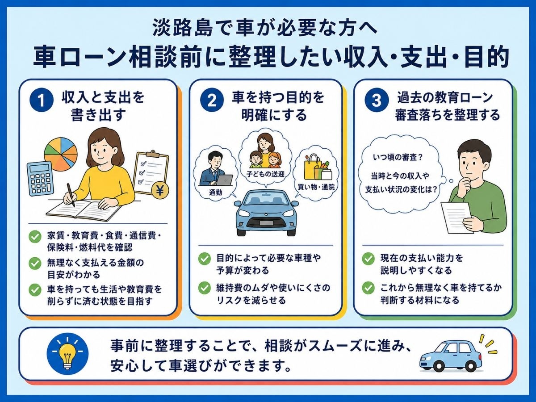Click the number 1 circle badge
[41, 100]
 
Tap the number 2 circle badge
[212, 100]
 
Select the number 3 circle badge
[376, 100]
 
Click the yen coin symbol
[160, 191]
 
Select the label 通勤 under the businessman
[215, 193]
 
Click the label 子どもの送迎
[265, 174]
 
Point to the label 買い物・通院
[316, 187]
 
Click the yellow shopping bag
[312, 166]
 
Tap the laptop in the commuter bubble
[225, 180]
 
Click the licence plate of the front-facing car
[266, 223]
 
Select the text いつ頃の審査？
[398, 157]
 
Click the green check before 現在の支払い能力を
[368, 258]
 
